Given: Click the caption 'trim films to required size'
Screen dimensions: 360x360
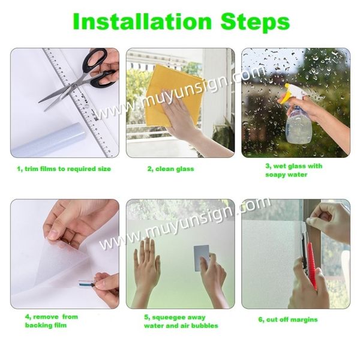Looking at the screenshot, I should pos(64,169).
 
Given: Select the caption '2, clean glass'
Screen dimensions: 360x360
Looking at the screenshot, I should pos(170,169).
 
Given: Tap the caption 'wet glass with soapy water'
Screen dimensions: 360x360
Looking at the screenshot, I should pos(293,170).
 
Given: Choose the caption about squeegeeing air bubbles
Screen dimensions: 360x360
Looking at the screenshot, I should pos(181,322).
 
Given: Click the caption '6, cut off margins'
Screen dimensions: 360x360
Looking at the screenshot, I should pos(288,319).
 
